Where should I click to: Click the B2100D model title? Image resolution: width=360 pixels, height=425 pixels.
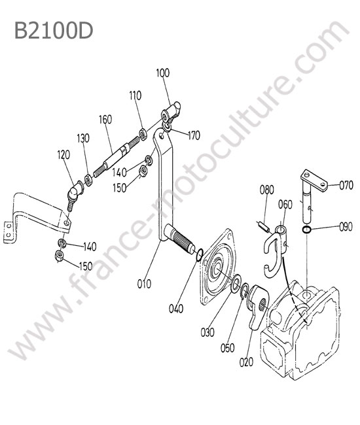tap(54, 30)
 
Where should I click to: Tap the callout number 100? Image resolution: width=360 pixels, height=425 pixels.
tap(163, 73)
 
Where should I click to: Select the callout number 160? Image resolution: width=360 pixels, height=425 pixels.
tap(105, 119)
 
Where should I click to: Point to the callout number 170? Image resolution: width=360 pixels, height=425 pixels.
tap(194, 135)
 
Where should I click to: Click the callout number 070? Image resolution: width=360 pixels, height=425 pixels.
tap(346, 186)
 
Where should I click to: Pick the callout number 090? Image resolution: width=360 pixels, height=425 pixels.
tap(346, 227)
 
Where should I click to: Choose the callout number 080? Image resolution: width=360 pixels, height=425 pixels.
tap(266, 190)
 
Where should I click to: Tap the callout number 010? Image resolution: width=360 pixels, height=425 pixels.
tap(144, 284)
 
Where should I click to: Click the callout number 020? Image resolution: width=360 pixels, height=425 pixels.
tap(246, 362)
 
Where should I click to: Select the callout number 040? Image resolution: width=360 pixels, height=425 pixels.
tap(176, 309)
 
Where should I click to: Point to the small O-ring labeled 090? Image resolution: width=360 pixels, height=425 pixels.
tap(306, 229)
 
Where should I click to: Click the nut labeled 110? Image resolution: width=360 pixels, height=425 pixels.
tap(143, 134)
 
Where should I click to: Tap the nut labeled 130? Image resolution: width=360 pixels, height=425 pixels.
tap(88, 180)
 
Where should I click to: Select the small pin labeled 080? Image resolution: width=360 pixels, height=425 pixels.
tap(263, 227)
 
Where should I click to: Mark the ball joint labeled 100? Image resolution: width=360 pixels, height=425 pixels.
tap(171, 112)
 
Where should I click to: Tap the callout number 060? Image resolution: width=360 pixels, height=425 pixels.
tap(285, 205)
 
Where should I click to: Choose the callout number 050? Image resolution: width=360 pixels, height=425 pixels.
tap(227, 348)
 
